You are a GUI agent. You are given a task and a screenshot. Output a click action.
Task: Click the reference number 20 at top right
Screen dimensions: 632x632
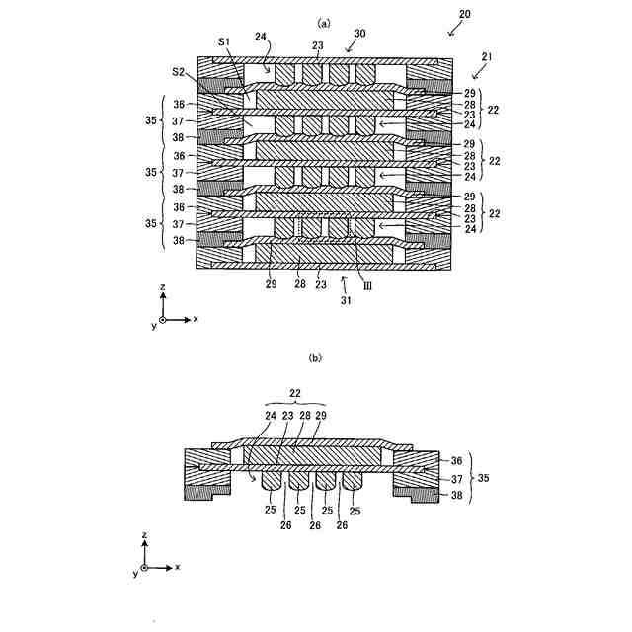click(x=465, y=16)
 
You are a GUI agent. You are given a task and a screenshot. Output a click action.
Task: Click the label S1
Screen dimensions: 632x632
click(x=224, y=42)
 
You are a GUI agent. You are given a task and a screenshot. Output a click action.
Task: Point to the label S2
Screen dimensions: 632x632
click(x=178, y=72)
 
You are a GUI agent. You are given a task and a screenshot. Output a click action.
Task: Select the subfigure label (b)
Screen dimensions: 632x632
click(x=315, y=357)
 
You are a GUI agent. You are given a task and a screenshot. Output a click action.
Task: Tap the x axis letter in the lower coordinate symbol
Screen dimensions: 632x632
click(x=178, y=568)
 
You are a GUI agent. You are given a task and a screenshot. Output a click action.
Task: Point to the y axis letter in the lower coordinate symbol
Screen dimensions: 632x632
click(x=134, y=574)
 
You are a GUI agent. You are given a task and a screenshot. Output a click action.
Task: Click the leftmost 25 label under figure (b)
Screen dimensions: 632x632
click(x=271, y=510)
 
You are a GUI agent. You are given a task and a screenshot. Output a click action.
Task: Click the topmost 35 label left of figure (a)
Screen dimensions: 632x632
click(x=150, y=120)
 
